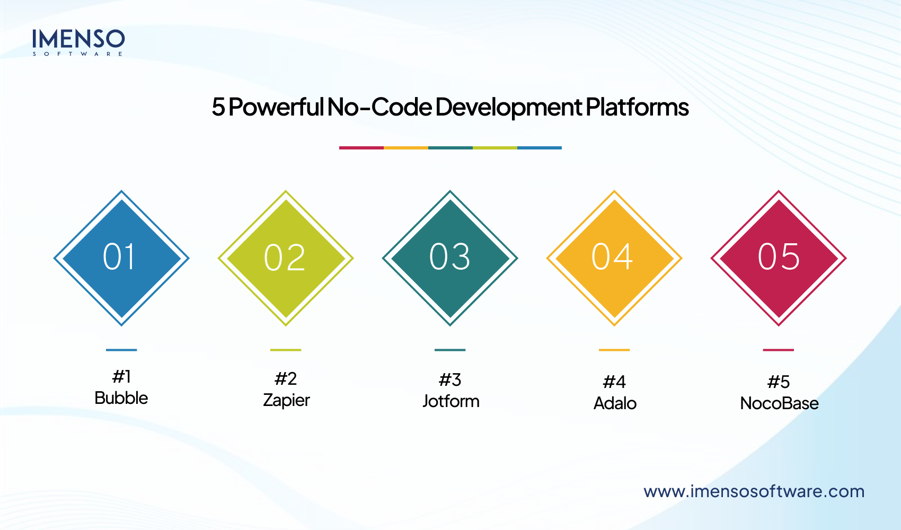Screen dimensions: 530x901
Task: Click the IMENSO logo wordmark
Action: pyautogui.click(x=78, y=39)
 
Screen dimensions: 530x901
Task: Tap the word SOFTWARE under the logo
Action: pyautogui.click(x=78, y=54)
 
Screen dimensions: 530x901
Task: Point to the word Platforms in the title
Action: pyautogui.click(x=637, y=107)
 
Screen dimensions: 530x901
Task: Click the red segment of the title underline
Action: pyautogui.click(x=361, y=148)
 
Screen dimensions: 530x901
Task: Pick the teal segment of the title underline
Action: pyautogui.click(x=450, y=148)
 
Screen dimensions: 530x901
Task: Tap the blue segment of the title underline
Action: pyautogui.click(x=539, y=148)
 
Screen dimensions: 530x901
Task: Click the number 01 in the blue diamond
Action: pyautogui.click(x=120, y=258)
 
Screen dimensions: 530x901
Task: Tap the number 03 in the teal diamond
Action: pyautogui.click(x=449, y=257)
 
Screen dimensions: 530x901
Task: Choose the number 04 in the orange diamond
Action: pyautogui.click(x=613, y=257)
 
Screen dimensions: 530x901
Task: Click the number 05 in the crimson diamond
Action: pyautogui.click(x=778, y=257)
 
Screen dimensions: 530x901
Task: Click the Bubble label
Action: pyautogui.click(x=121, y=398)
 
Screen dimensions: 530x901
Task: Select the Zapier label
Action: pyautogui.click(x=286, y=400)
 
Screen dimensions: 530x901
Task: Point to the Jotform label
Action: pyautogui.click(x=451, y=401)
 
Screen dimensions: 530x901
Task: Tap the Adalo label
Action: pyautogui.click(x=615, y=403)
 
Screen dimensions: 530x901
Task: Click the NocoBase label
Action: pyautogui.click(x=779, y=403)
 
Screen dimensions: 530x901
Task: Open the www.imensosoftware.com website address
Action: pyautogui.click(x=754, y=491)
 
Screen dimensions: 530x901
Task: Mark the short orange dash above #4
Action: pyautogui.click(x=614, y=350)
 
